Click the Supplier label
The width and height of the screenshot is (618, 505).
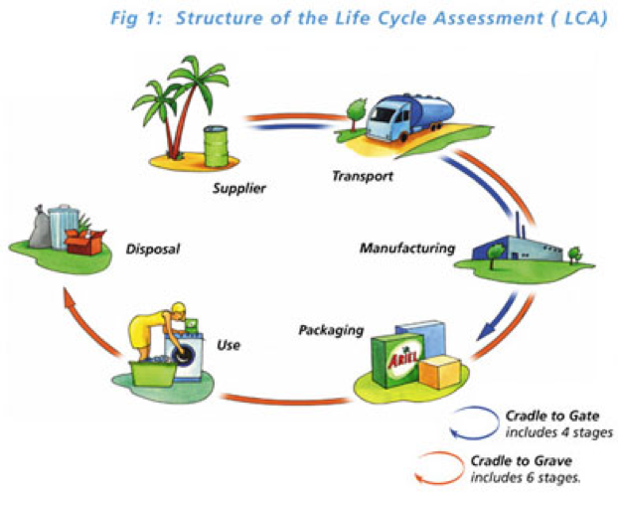click(x=239, y=189)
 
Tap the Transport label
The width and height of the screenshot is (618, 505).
click(x=363, y=176)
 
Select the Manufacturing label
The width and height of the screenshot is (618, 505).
click(x=407, y=249)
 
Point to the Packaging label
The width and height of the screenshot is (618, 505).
click(x=331, y=330)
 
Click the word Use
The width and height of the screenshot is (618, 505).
click(x=229, y=345)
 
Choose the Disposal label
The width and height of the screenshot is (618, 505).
click(x=153, y=250)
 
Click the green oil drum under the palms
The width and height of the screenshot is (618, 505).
click(x=216, y=146)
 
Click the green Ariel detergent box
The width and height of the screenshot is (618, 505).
click(x=398, y=361)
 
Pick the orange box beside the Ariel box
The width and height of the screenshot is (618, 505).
click(x=440, y=373)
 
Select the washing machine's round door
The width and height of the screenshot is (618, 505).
click(x=183, y=354)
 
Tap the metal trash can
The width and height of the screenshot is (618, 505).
click(x=63, y=227)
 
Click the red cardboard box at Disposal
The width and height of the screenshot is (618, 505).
click(x=84, y=242)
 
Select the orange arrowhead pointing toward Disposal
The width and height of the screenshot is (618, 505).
click(x=71, y=298)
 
